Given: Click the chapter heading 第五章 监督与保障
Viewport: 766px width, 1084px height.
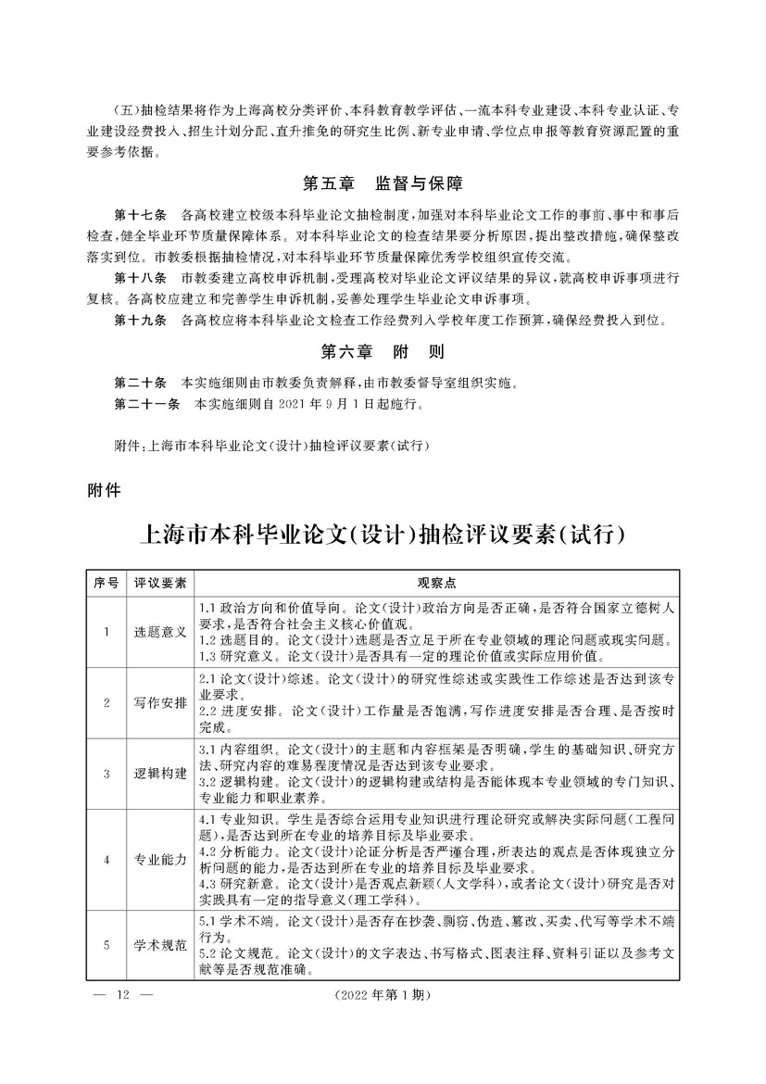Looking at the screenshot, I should [x=383, y=183].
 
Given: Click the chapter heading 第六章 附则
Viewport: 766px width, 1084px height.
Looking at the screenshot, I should [x=383, y=352].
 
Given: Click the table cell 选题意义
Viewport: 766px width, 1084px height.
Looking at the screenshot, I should [x=161, y=632].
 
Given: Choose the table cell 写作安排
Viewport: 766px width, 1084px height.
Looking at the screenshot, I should [x=161, y=701].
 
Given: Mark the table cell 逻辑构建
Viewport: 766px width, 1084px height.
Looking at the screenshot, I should [x=161, y=773].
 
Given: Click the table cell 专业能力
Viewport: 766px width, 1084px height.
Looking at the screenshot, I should [x=161, y=859].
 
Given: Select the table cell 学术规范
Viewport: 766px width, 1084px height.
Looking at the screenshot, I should [x=161, y=945].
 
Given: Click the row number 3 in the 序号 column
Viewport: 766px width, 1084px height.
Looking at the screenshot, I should [x=107, y=773].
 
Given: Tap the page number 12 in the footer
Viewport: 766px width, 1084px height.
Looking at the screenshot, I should [x=122, y=995].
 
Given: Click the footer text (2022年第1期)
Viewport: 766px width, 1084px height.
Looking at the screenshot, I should [x=383, y=995].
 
